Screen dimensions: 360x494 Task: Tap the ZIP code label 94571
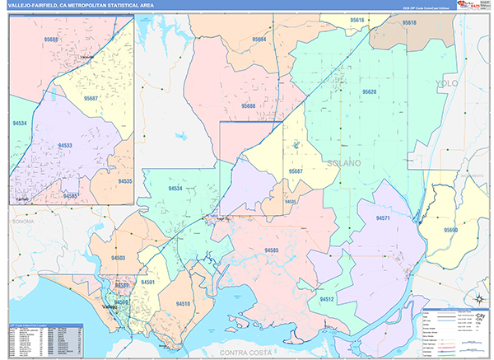pyautogui.click(x=382, y=218)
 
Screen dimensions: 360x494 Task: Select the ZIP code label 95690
pyautogui.click(x=450, y=230)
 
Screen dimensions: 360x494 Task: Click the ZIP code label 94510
pyautogui.click(x=183, y=303)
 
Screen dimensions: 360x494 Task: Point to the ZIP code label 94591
pyautogui.click(x=148, y=283)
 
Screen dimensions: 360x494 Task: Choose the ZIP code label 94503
pyautogui.click(x=119, y=258)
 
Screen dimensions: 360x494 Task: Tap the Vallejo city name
pyautogui.click(x=109, y=307)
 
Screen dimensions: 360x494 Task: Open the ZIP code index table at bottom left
pyautogui.click(x=41, y=339)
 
